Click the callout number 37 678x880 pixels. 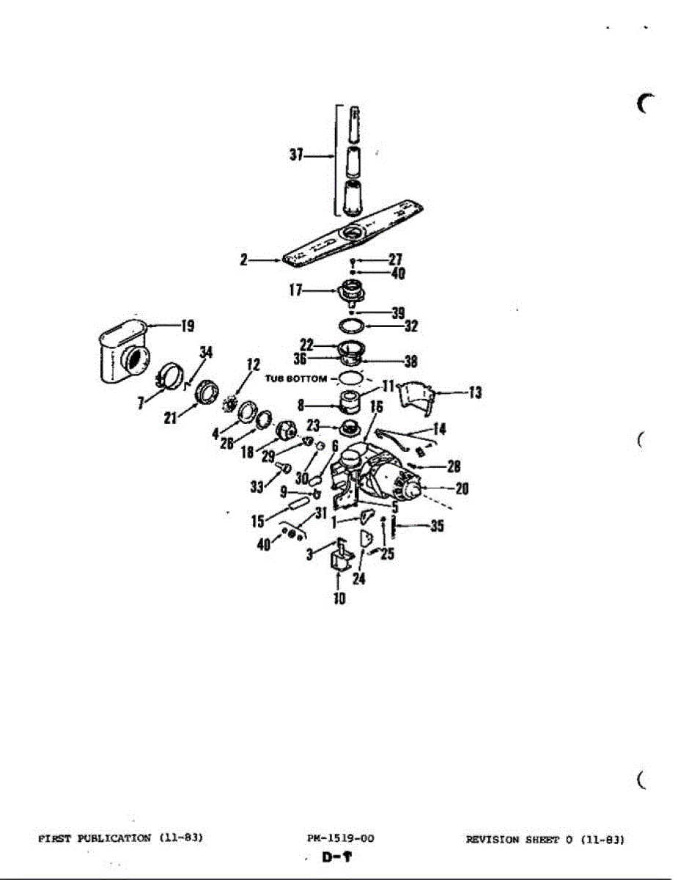click(296, 156)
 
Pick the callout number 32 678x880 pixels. click(410, 326)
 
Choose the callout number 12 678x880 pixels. click(253, 364)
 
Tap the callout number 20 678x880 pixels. click(462, 488)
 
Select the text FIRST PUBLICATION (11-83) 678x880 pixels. click(119, 837)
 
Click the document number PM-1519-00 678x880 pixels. click(342, 838)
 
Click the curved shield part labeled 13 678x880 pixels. click(414, 396)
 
